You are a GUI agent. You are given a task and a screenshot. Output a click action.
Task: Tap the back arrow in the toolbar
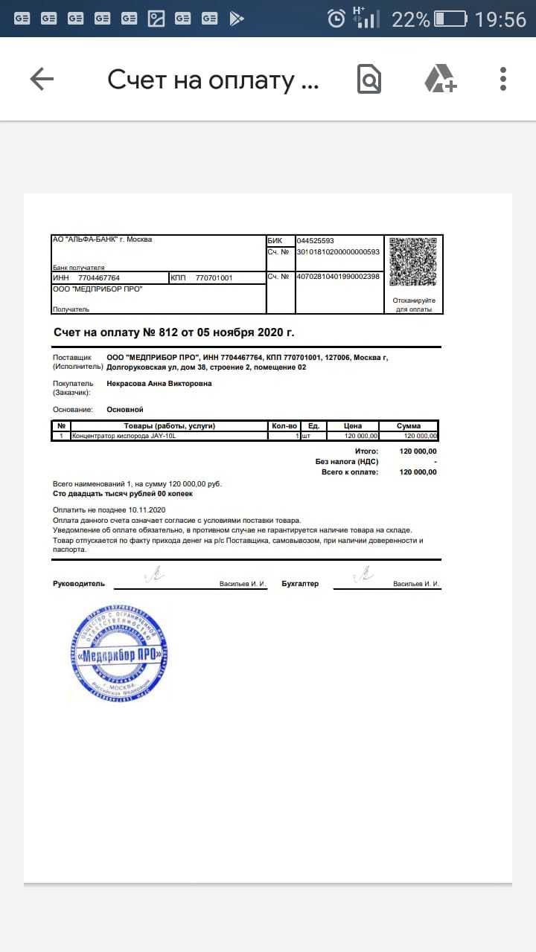42,79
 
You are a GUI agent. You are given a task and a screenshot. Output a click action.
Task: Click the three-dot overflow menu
503,79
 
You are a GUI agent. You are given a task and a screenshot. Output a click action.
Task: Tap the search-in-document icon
369,79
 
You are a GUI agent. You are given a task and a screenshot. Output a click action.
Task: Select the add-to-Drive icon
440,79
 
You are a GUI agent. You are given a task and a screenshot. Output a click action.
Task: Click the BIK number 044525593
316,241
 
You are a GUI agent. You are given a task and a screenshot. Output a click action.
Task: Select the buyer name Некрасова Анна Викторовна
159,384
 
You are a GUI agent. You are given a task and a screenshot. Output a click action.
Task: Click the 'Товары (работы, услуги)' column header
170,426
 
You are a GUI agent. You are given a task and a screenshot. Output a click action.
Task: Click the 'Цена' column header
353,426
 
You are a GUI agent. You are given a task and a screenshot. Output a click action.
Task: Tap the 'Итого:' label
366,451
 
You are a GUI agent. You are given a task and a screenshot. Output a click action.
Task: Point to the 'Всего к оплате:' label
350,472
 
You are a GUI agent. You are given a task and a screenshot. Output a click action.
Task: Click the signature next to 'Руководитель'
157,573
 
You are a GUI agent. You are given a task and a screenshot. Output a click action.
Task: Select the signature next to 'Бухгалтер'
364,573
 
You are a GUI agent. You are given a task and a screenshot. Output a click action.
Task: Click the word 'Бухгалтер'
300,584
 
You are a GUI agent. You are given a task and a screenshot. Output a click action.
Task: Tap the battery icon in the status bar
450,19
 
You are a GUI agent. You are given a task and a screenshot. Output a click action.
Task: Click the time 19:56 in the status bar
500,19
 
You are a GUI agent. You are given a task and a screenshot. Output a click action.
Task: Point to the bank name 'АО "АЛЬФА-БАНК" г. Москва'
102,239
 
